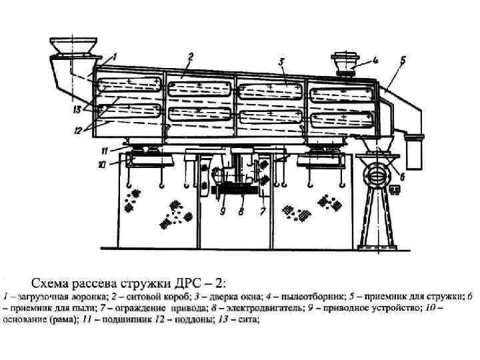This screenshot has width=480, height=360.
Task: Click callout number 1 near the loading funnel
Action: click(115, 57)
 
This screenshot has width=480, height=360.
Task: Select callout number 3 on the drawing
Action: click(282, 61)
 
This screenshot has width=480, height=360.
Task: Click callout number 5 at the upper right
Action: click(403, 59)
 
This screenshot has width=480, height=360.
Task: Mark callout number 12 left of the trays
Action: click(78, 131)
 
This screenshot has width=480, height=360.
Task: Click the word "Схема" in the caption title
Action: click(55, 282)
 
